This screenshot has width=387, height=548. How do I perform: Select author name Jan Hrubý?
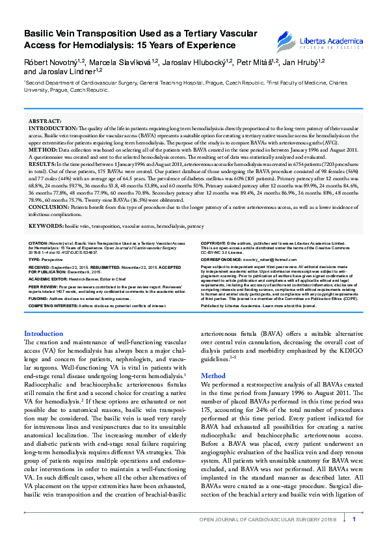pyautogui.click(x=305, y=61)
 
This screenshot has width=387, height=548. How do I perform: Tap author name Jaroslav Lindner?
pyautogui.click(x=58, y=71)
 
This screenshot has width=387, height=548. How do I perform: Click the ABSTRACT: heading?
pyautogui.click(x=46, y=122)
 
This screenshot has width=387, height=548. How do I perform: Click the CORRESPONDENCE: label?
pyautogui.click(x=224, y=258)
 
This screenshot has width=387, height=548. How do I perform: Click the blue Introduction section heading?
pyautogui.click(x=44, y=334)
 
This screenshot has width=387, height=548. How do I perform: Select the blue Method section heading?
pyautogui.click(x=213, y=376)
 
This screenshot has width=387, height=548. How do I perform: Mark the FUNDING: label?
pyautogui.click(x=37, y=298)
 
